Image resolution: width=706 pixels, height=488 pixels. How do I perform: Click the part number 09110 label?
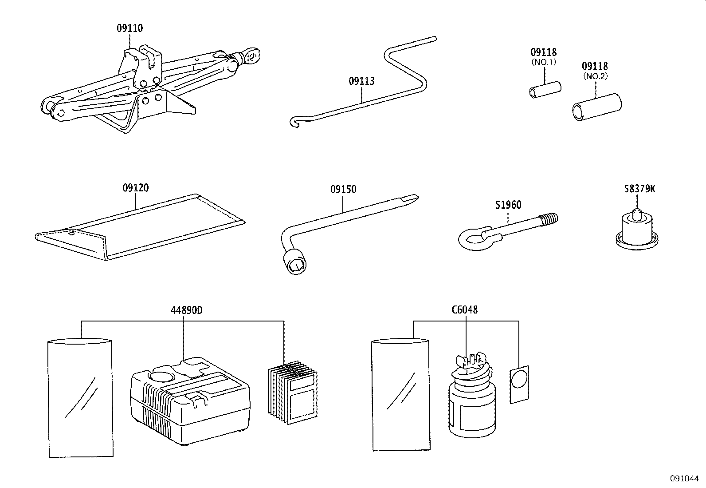coord(129,28)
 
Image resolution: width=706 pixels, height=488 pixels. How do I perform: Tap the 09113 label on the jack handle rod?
coord(361,81)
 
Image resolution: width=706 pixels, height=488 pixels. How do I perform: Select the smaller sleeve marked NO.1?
coord(545,90)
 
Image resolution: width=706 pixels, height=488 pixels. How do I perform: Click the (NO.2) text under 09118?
coord(595,76)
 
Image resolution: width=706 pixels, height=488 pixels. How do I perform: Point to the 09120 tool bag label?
coord(136,188)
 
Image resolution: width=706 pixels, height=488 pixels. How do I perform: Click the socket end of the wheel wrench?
coord(296,264)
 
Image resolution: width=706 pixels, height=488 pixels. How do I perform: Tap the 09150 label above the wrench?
coord(343,190)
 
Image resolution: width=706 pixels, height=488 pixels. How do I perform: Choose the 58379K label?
coord(639,189)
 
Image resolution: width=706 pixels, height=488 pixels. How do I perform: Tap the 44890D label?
coord(186,310)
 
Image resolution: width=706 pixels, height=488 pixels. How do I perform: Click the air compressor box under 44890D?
coord(190,400)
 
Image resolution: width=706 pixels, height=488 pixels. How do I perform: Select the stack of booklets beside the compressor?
coord(293,392)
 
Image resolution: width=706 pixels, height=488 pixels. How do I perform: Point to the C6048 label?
coord(464,310)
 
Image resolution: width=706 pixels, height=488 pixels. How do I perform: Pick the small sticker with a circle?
coord(519,384)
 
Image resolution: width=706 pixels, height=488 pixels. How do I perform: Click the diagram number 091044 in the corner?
coord(684,479)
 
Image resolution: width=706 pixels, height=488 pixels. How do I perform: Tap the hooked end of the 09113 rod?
coord(295,121)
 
